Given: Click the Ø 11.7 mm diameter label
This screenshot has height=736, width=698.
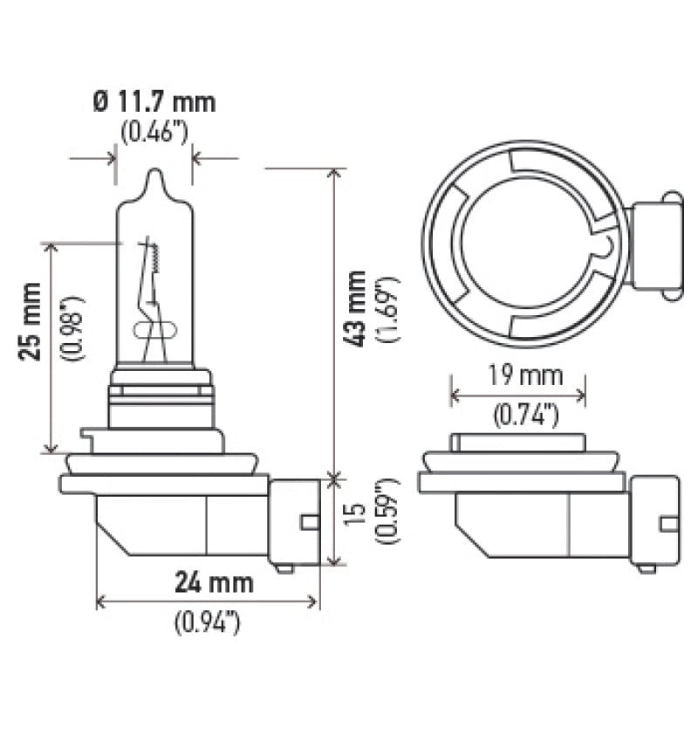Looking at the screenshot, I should click(x=154, y=102).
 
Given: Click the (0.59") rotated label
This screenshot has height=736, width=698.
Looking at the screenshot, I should click(x=388, y=514).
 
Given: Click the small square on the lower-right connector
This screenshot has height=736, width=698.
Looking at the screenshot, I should click(x=669, y=523).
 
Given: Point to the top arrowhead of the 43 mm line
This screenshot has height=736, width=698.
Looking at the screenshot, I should click(x=333, y=172).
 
